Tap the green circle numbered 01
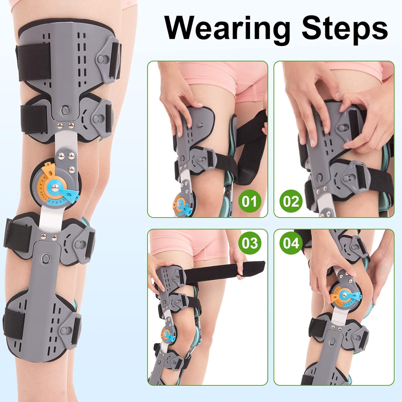[250, 201]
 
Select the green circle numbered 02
[291, 201]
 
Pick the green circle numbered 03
[250, 243]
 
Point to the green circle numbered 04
[291, 243]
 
